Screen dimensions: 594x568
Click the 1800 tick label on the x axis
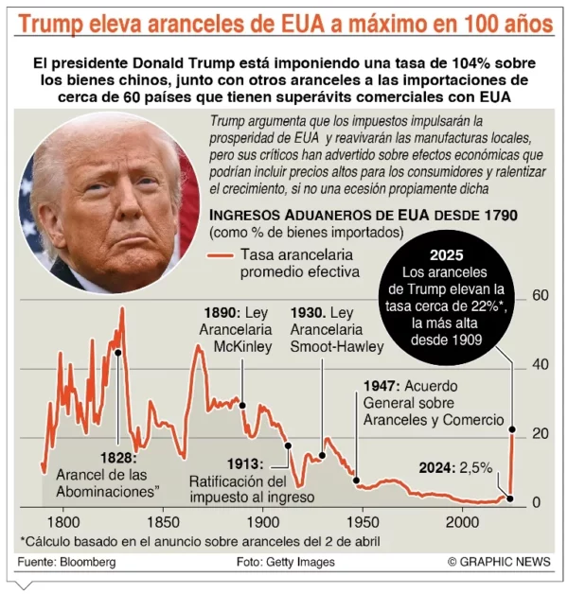pyautogui.click(x=62, y=522)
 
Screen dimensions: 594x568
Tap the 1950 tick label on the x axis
pyautogui.click(x=363, y=522)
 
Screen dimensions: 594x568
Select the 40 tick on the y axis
pyautogui.click(x=541, y=365)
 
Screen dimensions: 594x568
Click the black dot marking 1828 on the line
pyautogui.click(x=118, y=352)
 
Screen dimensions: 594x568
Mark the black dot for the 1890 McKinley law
pyautogui.click(x=242, y=405)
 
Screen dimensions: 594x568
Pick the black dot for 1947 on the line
pyautogui.click(x=357, y=480)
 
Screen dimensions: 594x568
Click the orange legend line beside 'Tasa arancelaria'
pyautogui.click(x=219, y=255)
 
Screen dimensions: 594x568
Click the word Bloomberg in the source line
pyautogui.click(x=88, y=563)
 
